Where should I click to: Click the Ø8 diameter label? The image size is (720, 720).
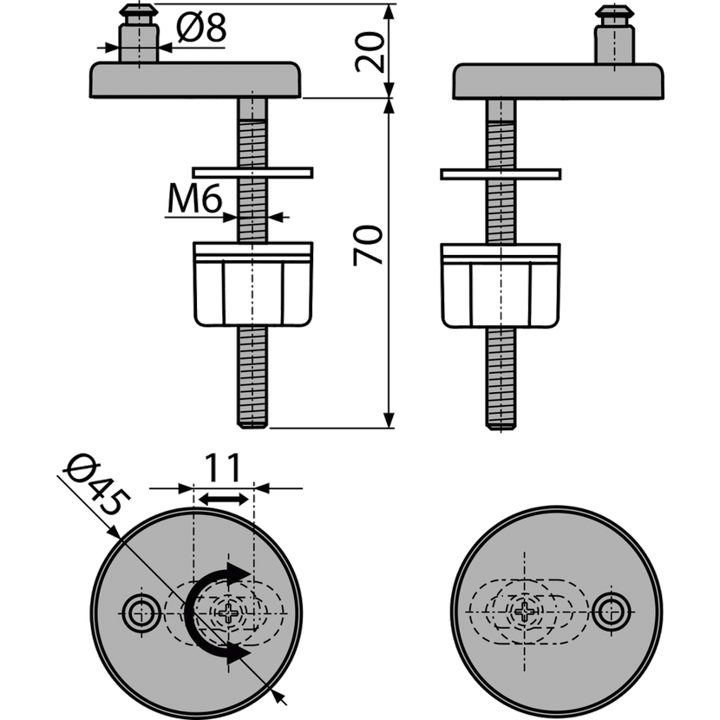click(201, 29)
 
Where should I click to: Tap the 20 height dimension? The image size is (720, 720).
click(370, 51)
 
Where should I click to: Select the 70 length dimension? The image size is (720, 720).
click(368, 245)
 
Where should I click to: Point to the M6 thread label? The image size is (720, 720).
click(194, 199)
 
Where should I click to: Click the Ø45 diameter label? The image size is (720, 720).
click(97, 486)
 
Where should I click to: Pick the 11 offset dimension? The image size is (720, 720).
click(222, 468)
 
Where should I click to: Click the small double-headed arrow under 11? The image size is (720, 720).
click(224, 499)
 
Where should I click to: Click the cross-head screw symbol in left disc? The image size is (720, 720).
click(228, 612)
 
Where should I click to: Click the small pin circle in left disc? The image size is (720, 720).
click(141, 612)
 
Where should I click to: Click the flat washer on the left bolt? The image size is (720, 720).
click(252, 173)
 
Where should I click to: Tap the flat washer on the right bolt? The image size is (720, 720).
click(501, 174)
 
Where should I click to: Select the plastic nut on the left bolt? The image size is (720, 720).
click(253, 285)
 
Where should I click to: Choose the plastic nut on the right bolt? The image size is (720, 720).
click(501, 285)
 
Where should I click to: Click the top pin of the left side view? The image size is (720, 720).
click(139, 33)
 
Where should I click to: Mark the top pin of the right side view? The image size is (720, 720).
click(614, 35)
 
